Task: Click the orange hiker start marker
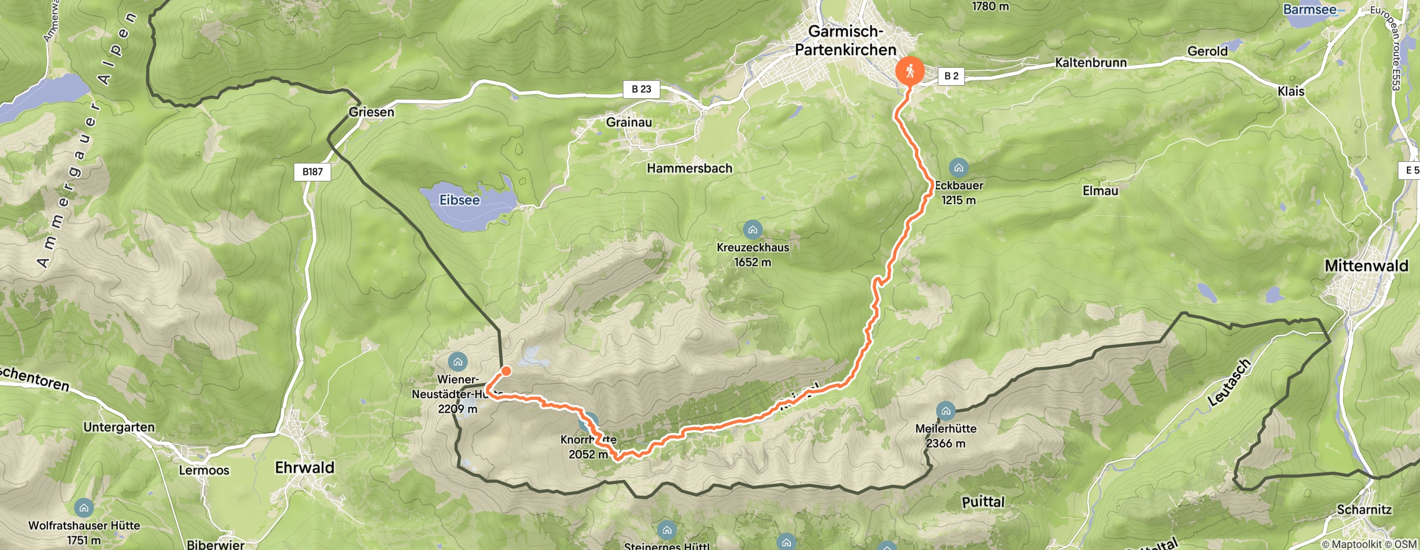[910, 71]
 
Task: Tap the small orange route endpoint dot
[506, 371]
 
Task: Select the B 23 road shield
[641, 89]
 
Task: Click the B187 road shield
[312, 171]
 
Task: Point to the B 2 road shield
[951, 76]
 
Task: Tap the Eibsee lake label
[459, 200]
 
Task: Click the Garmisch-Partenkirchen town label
[846, 40]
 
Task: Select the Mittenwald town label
[1367, 266]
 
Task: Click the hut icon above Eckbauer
[959, 167]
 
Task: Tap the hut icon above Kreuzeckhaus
[752, 229]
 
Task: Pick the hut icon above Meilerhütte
[946, 410]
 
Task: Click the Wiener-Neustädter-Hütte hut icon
[457, 362]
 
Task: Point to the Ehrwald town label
[305, 467]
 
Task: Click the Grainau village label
[629, 122]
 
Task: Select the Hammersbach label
[689, 168]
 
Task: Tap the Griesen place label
[371, 112]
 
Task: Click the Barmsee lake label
[1309, 10]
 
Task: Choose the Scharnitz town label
[1364, 509]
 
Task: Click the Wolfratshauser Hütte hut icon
[84, 508]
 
